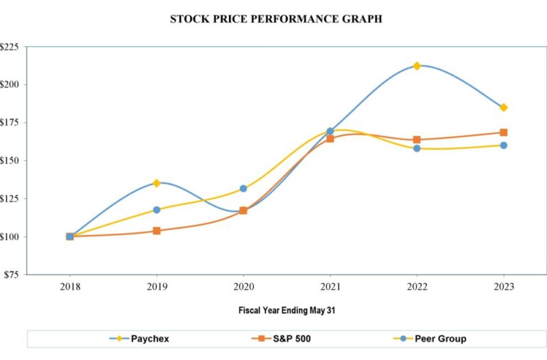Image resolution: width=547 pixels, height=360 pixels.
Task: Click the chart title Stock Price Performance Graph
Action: coord(276,19)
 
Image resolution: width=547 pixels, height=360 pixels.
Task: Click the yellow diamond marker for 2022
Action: coord(417,66)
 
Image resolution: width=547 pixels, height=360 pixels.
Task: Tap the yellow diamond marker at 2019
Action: coord(156,183)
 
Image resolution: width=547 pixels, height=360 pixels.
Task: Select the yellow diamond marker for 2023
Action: coord(504,108)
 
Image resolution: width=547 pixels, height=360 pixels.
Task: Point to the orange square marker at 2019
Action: coord(156,231)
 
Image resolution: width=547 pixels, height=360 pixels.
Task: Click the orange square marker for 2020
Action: coord(243,211)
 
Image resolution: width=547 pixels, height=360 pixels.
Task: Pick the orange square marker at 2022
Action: coord(417,140)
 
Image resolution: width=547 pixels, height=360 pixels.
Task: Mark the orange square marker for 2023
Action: coord(504,132)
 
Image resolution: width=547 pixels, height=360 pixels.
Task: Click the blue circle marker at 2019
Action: coord(156,210)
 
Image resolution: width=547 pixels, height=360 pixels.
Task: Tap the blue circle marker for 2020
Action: coord(243,189)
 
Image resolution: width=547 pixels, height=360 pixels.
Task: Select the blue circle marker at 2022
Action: coord(417,148)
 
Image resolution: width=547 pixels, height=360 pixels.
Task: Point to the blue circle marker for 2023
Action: coord(504,145)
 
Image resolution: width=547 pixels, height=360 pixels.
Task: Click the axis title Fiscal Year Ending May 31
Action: coord(287,311)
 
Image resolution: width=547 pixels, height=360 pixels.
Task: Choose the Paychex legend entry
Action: coord(141,339)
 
